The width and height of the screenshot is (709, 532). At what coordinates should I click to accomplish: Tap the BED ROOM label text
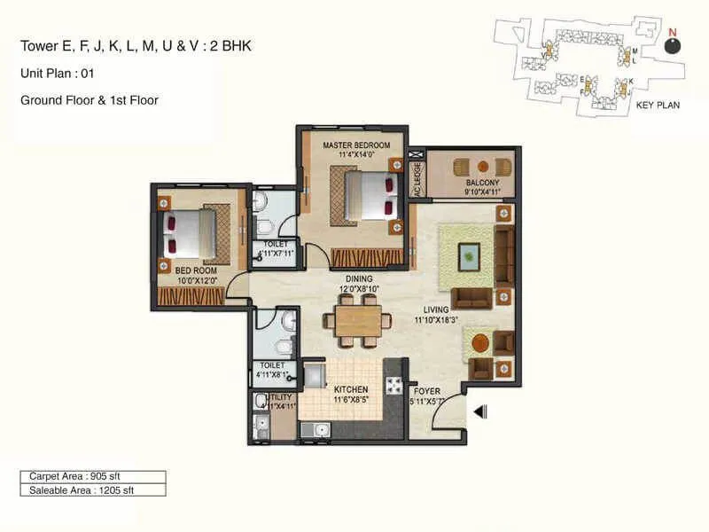pyautogui.click(x=196, y=270)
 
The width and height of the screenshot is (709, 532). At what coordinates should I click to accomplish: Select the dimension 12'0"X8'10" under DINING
pyautogui.click(x=358, y=288)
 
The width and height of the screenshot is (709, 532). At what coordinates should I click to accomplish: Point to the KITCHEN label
pyautogui.click(x=350, y=388)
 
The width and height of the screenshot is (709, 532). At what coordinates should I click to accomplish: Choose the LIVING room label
pyautogui.click(x=436, y=309)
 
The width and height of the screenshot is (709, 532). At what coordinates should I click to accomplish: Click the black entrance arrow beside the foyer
pyautogui.click(x=480, y=411)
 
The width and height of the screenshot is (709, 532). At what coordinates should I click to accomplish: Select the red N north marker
pyautogui.click(x=672, y=33)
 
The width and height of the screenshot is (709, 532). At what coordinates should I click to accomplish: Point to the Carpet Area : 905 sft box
pyautogui.click(x=92, y=476)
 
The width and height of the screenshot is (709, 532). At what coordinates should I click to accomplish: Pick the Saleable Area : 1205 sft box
pyautogui.click(x=92, y=489)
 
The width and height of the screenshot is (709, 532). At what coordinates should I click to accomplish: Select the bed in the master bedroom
pyautogui.click(x=367, y=195)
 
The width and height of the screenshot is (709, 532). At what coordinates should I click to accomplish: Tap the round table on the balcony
pyautogui.click(x=482, y=166)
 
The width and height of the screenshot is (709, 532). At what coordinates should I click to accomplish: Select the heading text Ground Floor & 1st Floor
pyautogui.click(x=89, y=100)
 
